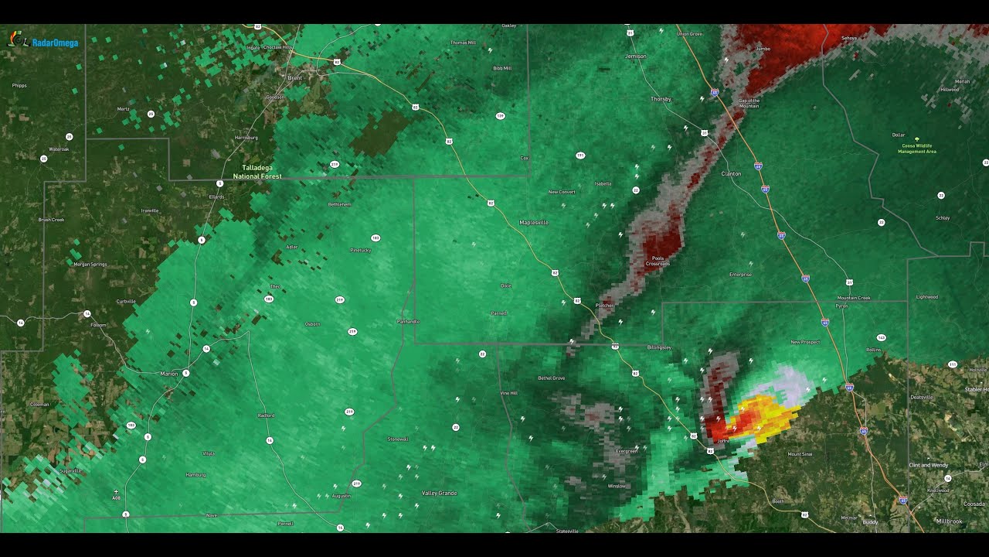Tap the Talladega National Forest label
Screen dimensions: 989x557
(257, 172)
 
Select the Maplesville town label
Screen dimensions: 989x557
(533, 222)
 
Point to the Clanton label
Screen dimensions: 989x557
(730, 174)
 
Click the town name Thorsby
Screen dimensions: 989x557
(661, 99)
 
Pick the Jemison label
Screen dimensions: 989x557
(635, 56)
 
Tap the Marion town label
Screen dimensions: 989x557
(168, 374)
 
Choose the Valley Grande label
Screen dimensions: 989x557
(439, 493)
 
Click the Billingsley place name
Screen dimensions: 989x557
(659, 347)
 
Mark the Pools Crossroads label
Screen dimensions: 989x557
(658, 261)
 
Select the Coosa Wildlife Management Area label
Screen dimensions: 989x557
(916, 149)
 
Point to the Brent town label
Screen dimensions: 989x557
(295, 78)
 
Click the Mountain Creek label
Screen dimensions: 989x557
(854, 298)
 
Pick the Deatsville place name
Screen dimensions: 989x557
(922, 397)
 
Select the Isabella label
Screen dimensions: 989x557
(603, 183)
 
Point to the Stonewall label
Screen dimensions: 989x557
(398, 439)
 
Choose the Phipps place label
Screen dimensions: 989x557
(19, 86)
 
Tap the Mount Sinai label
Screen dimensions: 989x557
(799, 453)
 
